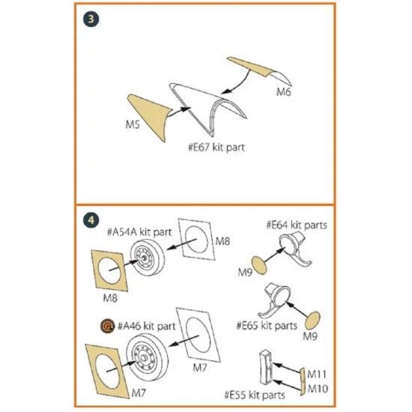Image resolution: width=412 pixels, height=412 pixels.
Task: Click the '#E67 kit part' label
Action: point(216,148)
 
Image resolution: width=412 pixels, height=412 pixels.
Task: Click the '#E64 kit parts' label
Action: point(296,224)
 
